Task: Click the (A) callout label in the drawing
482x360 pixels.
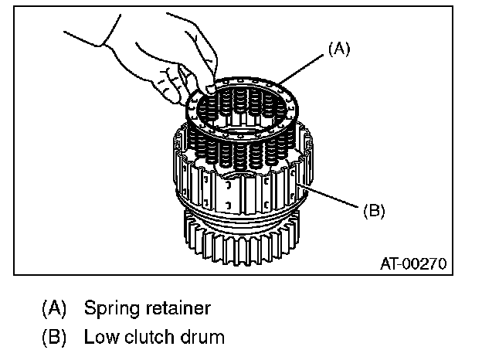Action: [340, 49]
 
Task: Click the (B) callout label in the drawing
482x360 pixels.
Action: [374, 209]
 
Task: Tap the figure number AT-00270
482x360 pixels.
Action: [413, 263]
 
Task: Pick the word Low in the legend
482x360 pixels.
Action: [98, 338]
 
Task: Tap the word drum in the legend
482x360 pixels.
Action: [202, 338]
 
